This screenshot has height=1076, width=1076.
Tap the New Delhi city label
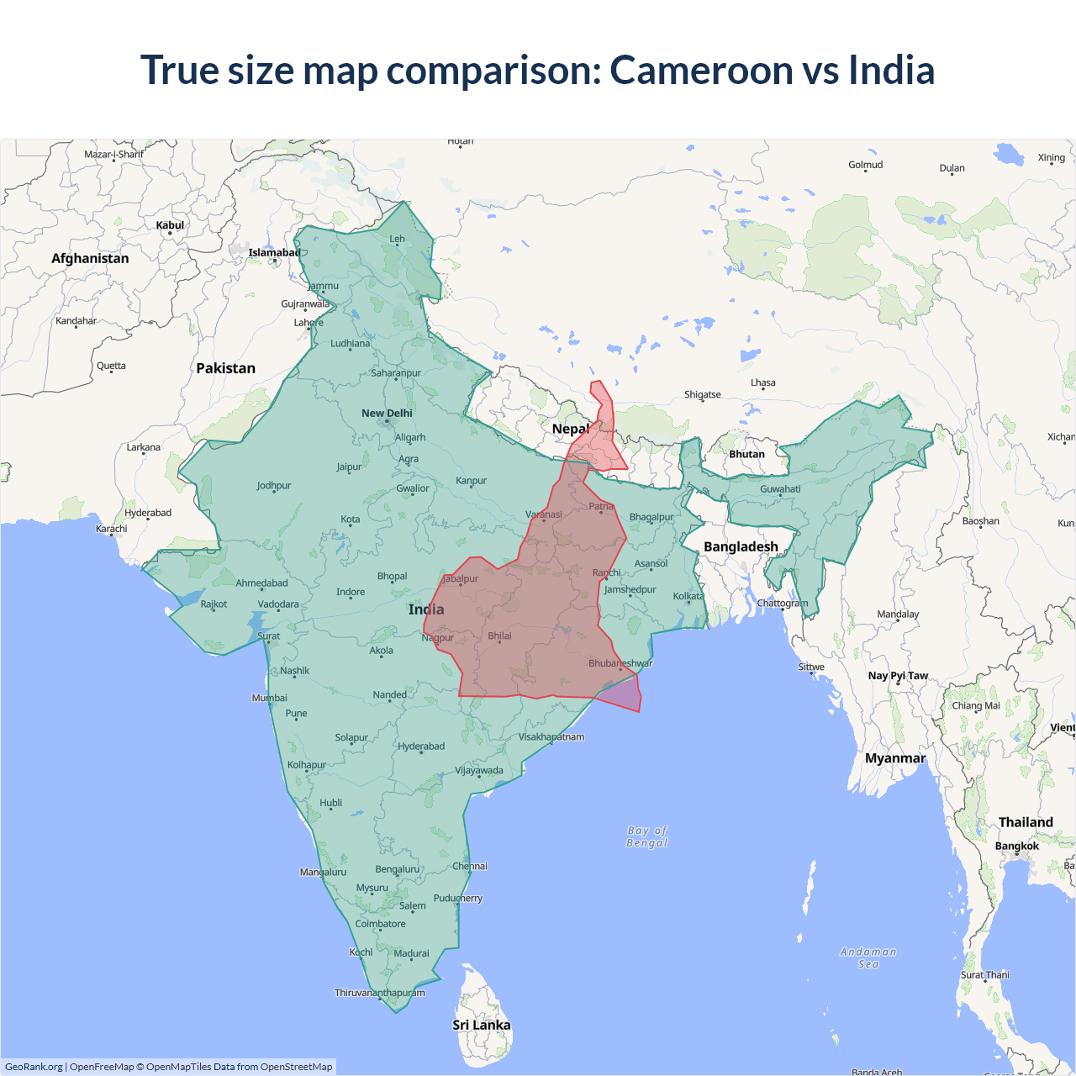(387, 414)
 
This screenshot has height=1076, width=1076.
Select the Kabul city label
(170, 225)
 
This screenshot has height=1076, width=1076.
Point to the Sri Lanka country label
(482, 1025)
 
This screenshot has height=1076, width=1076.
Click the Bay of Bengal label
(646, 836)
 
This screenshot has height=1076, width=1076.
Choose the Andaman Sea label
(868, 957)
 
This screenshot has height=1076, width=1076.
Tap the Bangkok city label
(1016, 847)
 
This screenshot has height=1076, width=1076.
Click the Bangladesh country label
(741, 546)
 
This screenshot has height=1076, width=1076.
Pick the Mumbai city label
(269, 698)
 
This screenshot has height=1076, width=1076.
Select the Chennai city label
(469, 866)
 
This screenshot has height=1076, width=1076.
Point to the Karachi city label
(112, 529)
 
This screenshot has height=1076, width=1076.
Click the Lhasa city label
(763, 382)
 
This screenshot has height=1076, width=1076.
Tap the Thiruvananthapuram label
(380, 993)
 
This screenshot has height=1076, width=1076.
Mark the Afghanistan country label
(90, 259)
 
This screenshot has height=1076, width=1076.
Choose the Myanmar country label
(895, 758)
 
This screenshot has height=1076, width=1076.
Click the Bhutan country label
(746, 454)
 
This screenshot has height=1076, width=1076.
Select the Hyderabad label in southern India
(421, 746)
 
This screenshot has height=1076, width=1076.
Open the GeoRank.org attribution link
(34, 1067)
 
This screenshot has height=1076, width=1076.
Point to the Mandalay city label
(898, 614)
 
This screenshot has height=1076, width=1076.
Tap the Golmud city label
(865, 165)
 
